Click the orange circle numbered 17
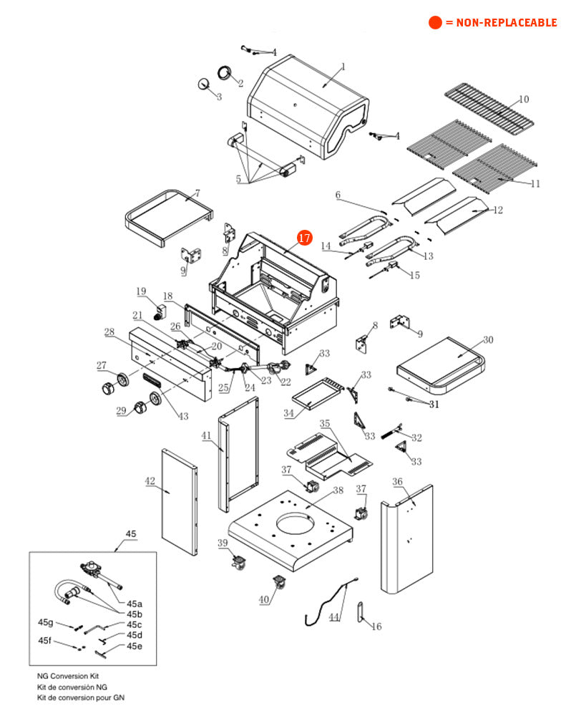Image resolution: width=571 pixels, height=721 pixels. point(305,238)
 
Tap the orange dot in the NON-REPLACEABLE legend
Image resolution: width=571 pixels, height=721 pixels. point(435,22)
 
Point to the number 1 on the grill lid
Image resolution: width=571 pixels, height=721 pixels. point(342,67)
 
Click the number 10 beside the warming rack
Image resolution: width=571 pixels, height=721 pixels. point(524,99)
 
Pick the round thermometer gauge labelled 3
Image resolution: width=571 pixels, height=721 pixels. point(205,84)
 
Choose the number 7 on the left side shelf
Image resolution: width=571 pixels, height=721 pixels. point(197,193)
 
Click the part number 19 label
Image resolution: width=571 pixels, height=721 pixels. point(141,291)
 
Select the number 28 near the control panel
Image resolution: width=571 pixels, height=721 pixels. point(109,332)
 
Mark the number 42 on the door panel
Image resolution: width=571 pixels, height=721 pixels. point(150,481)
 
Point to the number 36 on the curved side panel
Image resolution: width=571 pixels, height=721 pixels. point(397,481)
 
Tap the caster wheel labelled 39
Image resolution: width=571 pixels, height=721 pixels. point(238,562)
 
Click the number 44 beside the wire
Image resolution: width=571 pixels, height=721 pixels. point(334,616)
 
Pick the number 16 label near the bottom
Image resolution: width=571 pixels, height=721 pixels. point(376,626)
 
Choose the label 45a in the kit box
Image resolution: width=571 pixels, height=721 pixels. point(135,604)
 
